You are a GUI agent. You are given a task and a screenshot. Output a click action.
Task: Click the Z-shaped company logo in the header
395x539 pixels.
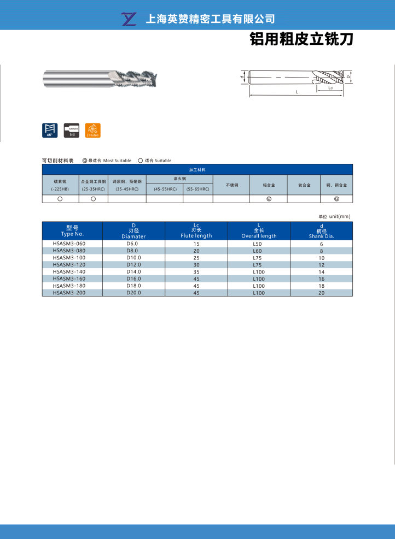point(130,19)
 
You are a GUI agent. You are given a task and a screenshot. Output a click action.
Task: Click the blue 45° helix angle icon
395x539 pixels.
point(50,131)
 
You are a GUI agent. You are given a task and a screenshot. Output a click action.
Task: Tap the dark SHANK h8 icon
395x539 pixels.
point(71,131)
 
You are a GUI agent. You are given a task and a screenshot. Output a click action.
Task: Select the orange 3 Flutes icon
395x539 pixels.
point(93,131)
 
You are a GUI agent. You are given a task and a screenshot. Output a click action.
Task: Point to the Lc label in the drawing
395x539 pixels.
point(330,87)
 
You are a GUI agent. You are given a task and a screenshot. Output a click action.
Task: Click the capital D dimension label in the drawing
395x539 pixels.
point(348,77)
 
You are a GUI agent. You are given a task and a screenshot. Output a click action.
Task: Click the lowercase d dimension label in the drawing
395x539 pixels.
point(242,77)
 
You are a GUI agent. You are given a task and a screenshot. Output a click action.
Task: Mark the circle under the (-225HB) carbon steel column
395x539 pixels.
point(60,199)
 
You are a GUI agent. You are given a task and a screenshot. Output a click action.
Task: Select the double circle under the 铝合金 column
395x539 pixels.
point(269,199)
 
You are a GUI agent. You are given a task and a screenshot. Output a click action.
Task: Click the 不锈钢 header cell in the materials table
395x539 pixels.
point(231,185)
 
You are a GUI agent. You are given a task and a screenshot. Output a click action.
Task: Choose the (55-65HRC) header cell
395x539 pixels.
point(197,189)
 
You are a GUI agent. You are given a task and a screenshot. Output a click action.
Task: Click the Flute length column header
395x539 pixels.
point(196,230)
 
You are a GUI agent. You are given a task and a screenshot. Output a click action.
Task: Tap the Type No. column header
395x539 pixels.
point(72,230)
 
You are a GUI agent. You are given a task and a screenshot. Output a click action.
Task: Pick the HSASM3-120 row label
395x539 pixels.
point(69,264)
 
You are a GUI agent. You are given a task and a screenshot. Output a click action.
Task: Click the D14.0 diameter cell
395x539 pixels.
point(133,271)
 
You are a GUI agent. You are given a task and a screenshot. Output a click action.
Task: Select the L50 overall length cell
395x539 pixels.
point(259,244)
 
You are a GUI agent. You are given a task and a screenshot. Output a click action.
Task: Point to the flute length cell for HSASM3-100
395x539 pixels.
point(196,257)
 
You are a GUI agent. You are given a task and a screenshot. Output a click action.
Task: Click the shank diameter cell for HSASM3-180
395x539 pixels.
point(321,286)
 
